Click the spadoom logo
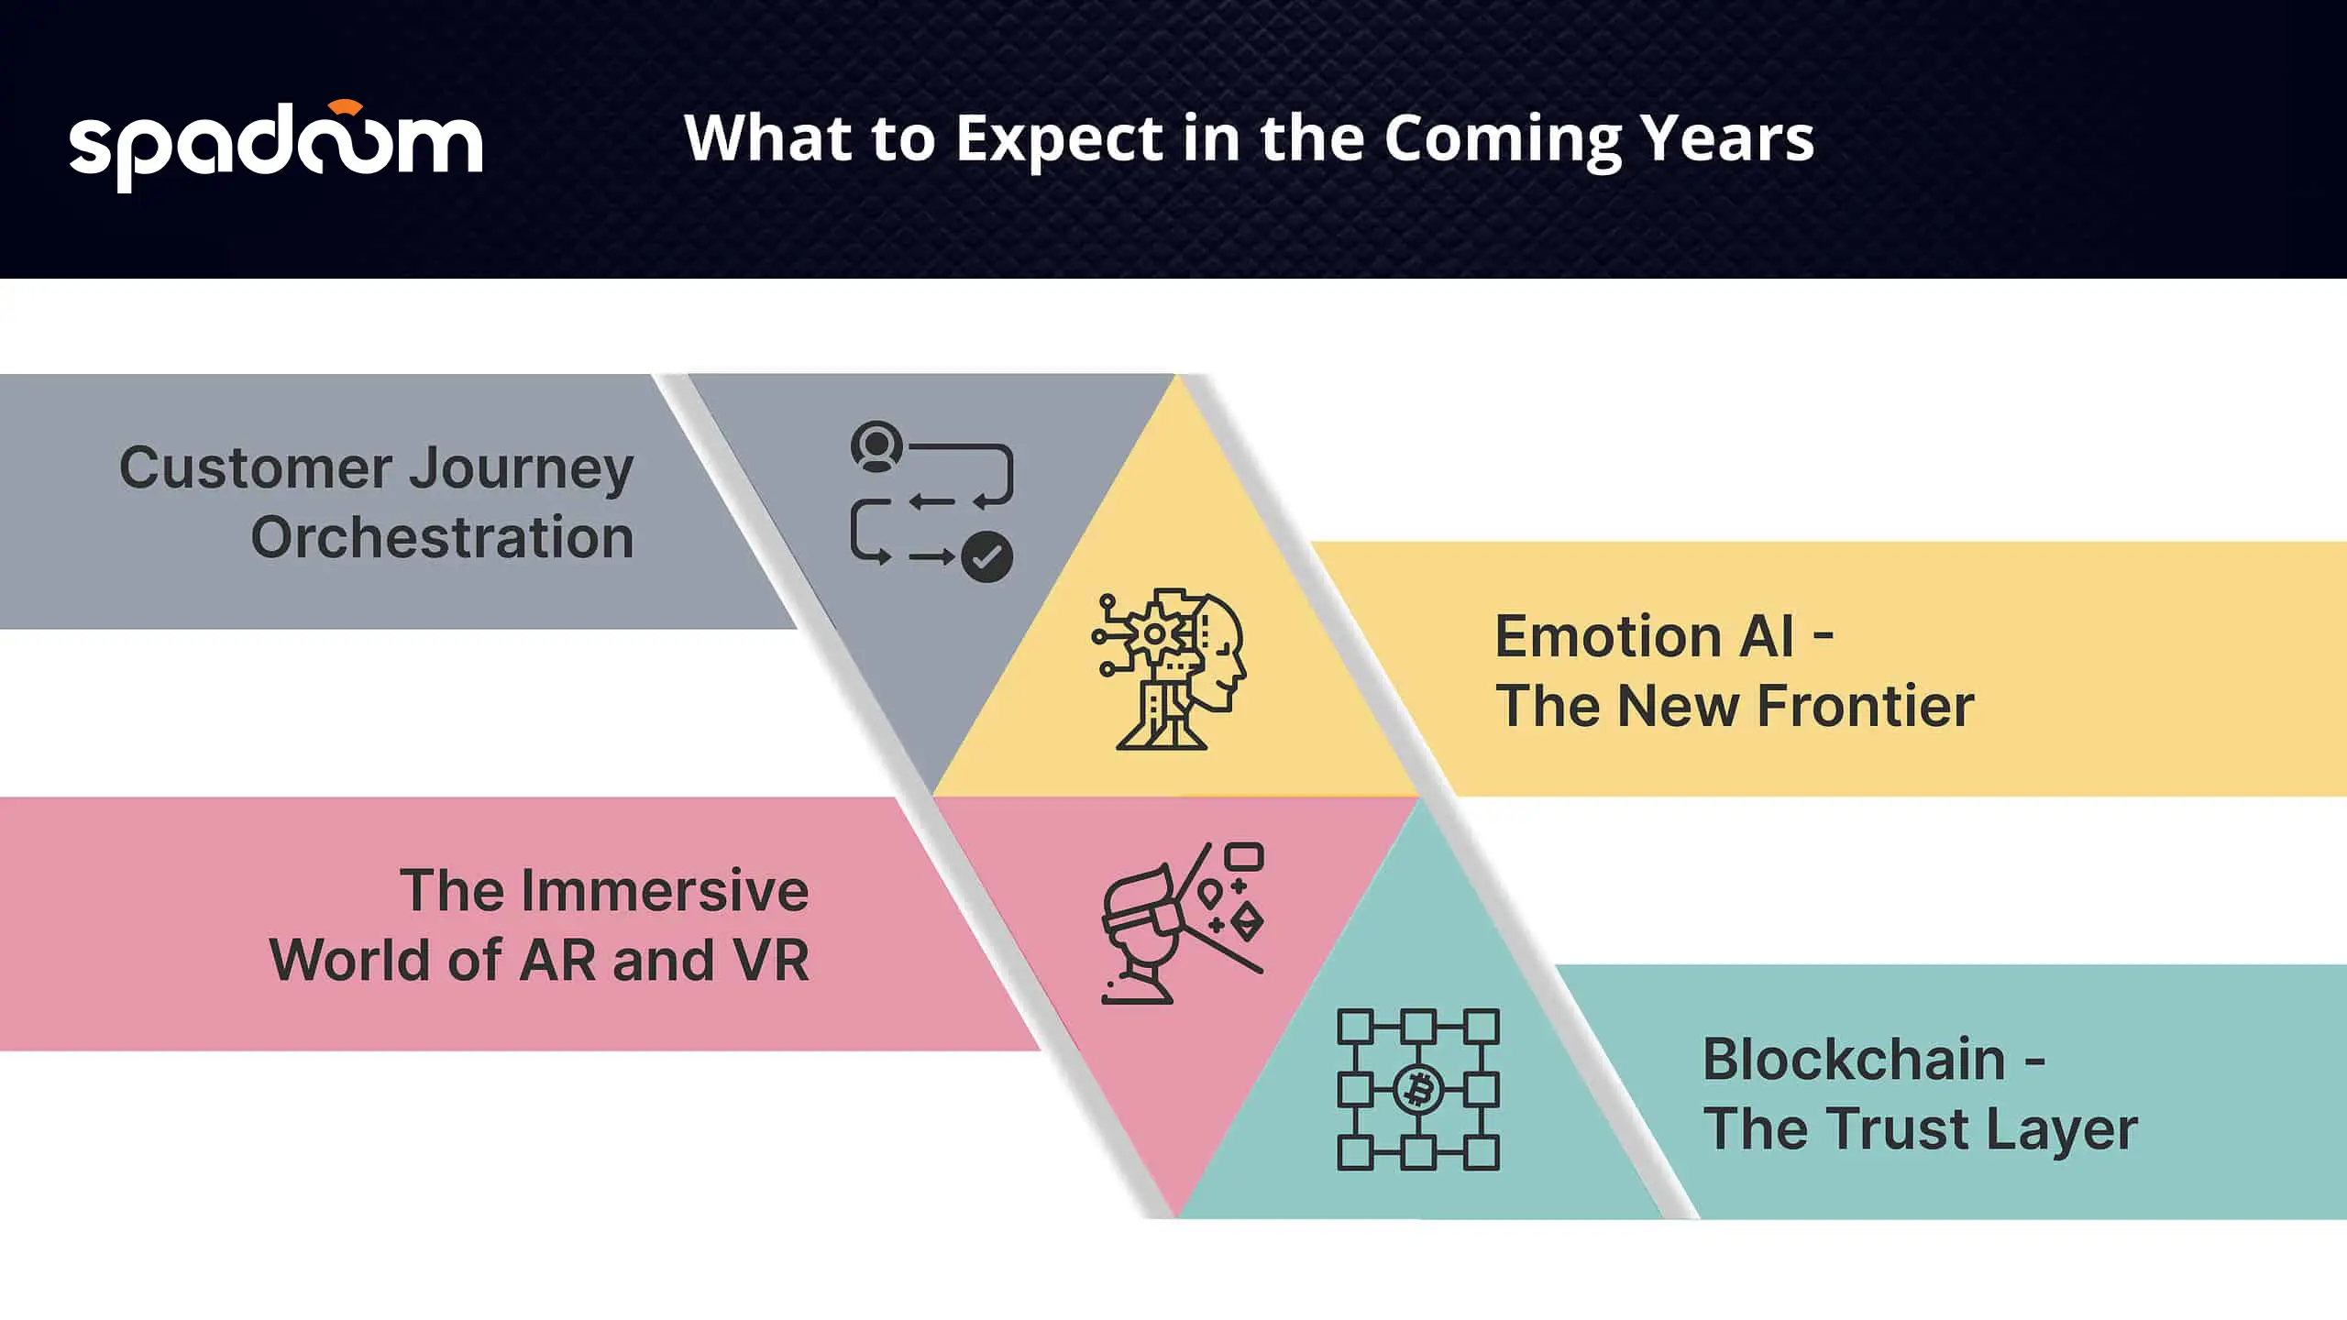click(x=276, y=145)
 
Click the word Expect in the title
click(x=1058, y=140)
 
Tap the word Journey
click(x=521, y=469)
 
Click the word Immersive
click(x=665, y=890)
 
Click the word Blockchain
click(x=1854, y=1059)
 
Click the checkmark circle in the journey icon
click(x=986, y=557)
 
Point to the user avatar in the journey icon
click(x=877, y=446)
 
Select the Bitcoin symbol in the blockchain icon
click(x=1418, y=1090)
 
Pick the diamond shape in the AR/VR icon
click(x=1248, y=922)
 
